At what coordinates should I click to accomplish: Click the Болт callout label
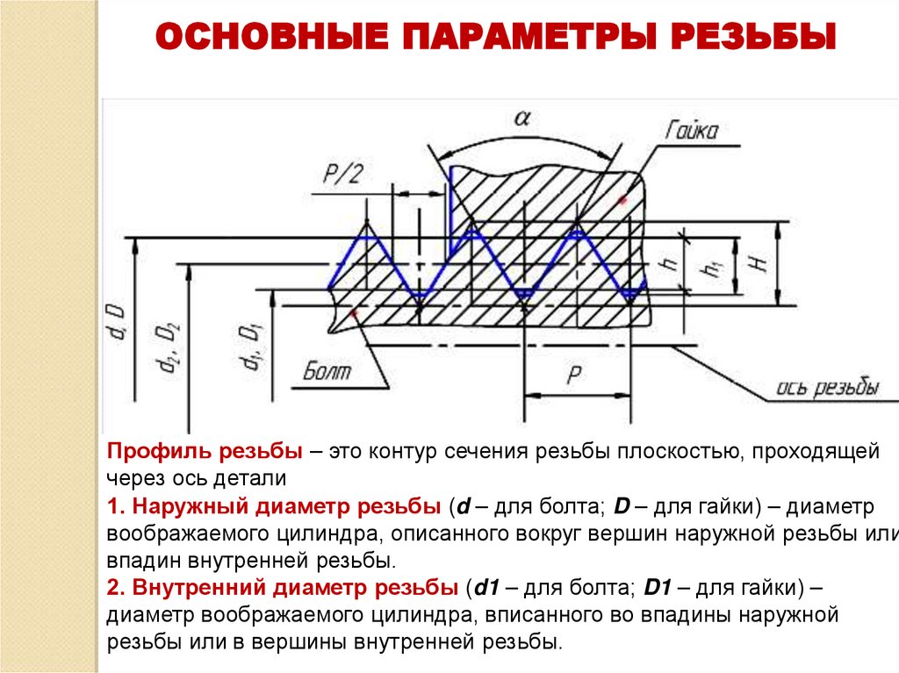[x=327, y=371]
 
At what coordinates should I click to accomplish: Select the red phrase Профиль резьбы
[x=205, y=453]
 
